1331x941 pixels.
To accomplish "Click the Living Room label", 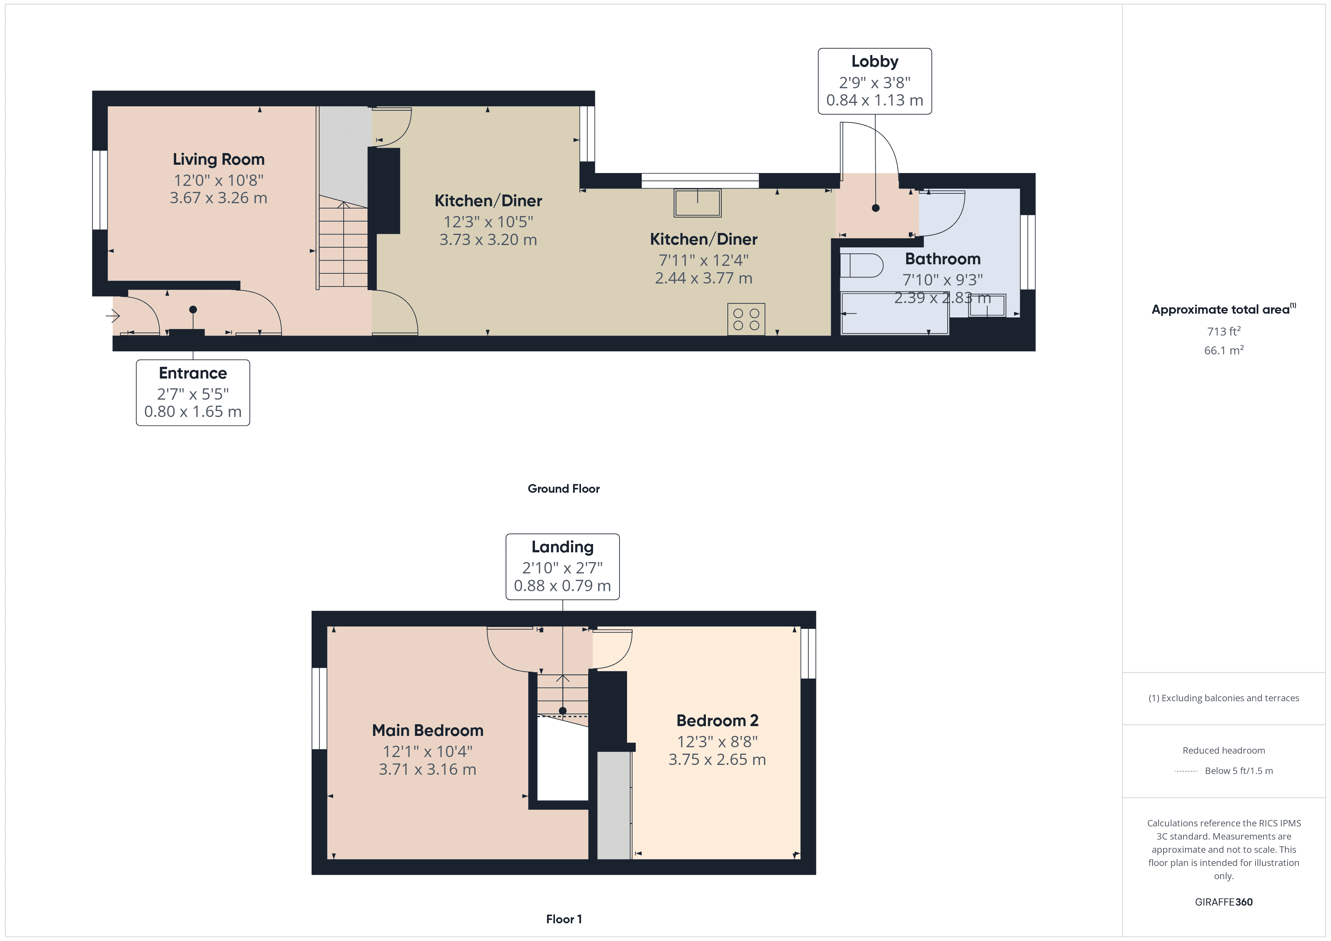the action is (218, 159).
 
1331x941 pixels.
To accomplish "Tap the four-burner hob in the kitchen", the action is (746, 319).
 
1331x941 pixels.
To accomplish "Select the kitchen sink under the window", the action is (698, 203).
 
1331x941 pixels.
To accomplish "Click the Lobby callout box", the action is (875, 81).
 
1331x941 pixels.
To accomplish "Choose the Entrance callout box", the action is (193, 393).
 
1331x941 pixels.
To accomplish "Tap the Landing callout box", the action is (562, 567).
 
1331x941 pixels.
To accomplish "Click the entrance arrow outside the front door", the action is (112, 316).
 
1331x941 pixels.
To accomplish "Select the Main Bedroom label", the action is (428, 731).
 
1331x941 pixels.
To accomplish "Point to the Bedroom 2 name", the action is (717, 721).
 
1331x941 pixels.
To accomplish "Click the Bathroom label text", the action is (942, 259).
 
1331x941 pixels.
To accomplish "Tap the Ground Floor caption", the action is (564, 489).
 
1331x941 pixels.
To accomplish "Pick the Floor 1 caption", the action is (564, 919).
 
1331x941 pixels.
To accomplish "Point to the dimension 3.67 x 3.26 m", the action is (218, 198).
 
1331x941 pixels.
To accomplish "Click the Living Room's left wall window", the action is (100, 190).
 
